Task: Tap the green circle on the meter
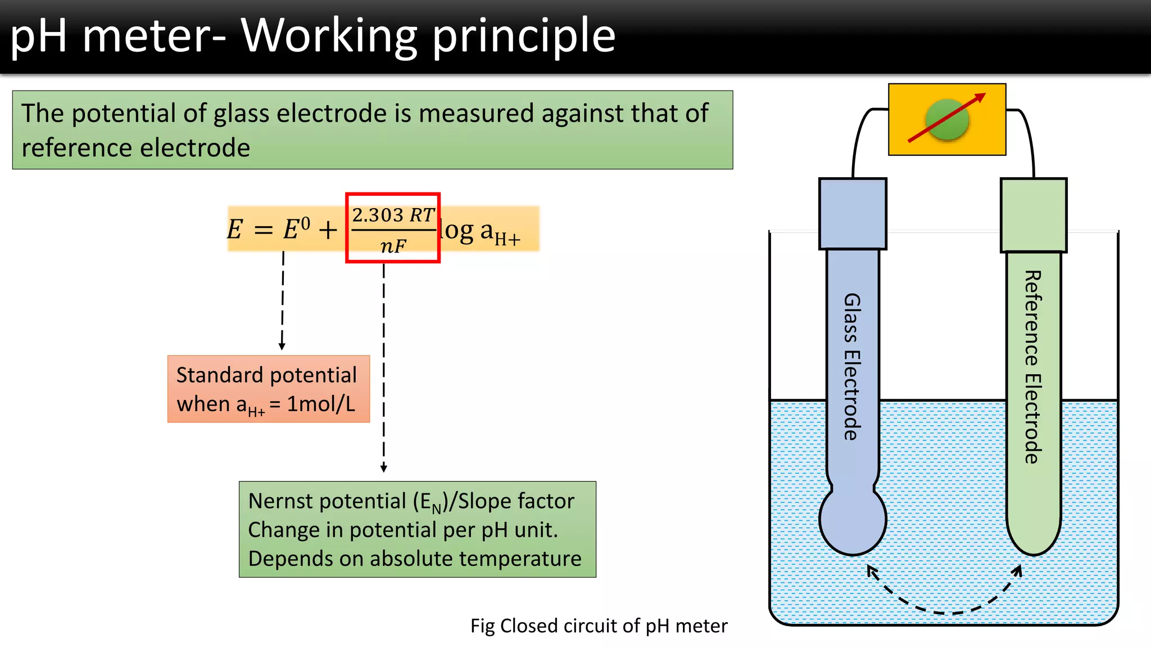click(948, 119)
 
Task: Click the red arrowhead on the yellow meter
click(980, 97)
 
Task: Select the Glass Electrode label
click(852, 366)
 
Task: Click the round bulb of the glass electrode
click(853, 521)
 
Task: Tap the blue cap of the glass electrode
click(853, 214)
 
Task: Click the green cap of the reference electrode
click(1033, 215)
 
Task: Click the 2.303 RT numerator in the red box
click(393, 215)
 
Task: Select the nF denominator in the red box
click(393, 246)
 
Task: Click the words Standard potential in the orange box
click(266, 375)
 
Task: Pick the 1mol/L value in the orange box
click(321, 404)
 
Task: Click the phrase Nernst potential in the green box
click(327, 501)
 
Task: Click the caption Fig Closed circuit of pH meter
click(599, 625)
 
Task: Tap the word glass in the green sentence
click(241, 114)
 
